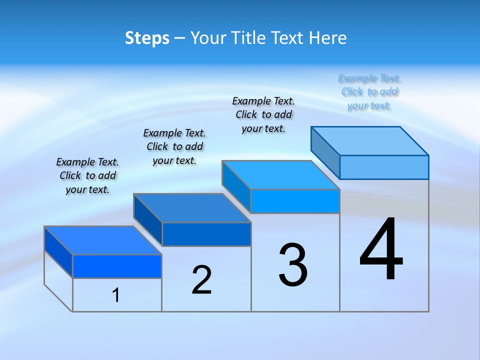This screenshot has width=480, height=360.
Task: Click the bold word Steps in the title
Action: (x=147, y=38)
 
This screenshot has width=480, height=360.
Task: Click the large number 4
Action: (x=381, y=249)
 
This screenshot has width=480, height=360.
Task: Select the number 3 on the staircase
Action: (x=293, y=265)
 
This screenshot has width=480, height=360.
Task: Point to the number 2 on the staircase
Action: (x=201, y=280)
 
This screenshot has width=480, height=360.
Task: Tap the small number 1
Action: (x=115, y=295)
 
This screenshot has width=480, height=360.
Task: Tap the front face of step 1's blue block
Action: (x=117, y=266)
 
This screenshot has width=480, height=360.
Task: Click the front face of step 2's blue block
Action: (x=206, y=234)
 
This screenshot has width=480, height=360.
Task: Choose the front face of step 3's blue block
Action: (x=295, y=201)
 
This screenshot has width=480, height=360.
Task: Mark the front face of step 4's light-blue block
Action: (x=384, y=167)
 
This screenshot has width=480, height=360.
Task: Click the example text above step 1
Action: (x=87, y=175)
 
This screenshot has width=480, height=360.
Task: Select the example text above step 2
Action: (x=174, y=146)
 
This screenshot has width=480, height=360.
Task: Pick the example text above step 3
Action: (x=263, y=114)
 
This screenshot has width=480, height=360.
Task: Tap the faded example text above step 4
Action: (x=369, y=91)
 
